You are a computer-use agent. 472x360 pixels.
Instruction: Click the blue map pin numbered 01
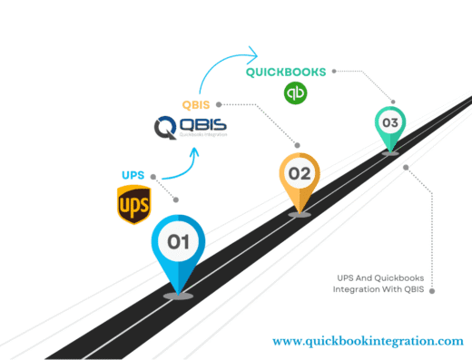[x=178, y=249]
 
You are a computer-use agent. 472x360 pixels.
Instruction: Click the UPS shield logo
[x=133, y=204]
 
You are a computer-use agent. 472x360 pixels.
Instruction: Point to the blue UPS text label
[x=133, y=175]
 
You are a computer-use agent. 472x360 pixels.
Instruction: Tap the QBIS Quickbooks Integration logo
[x=190, y=125]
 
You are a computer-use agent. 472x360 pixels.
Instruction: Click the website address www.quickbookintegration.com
[x=368, y=341]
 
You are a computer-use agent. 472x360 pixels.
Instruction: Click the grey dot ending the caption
[x=432, y=290]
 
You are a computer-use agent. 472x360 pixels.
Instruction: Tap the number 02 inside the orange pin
[x=299, y=173]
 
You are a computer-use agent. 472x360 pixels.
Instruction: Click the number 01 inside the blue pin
[x=178, y=241]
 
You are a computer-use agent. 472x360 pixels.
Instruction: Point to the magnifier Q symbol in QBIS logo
[x=163, y=125]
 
